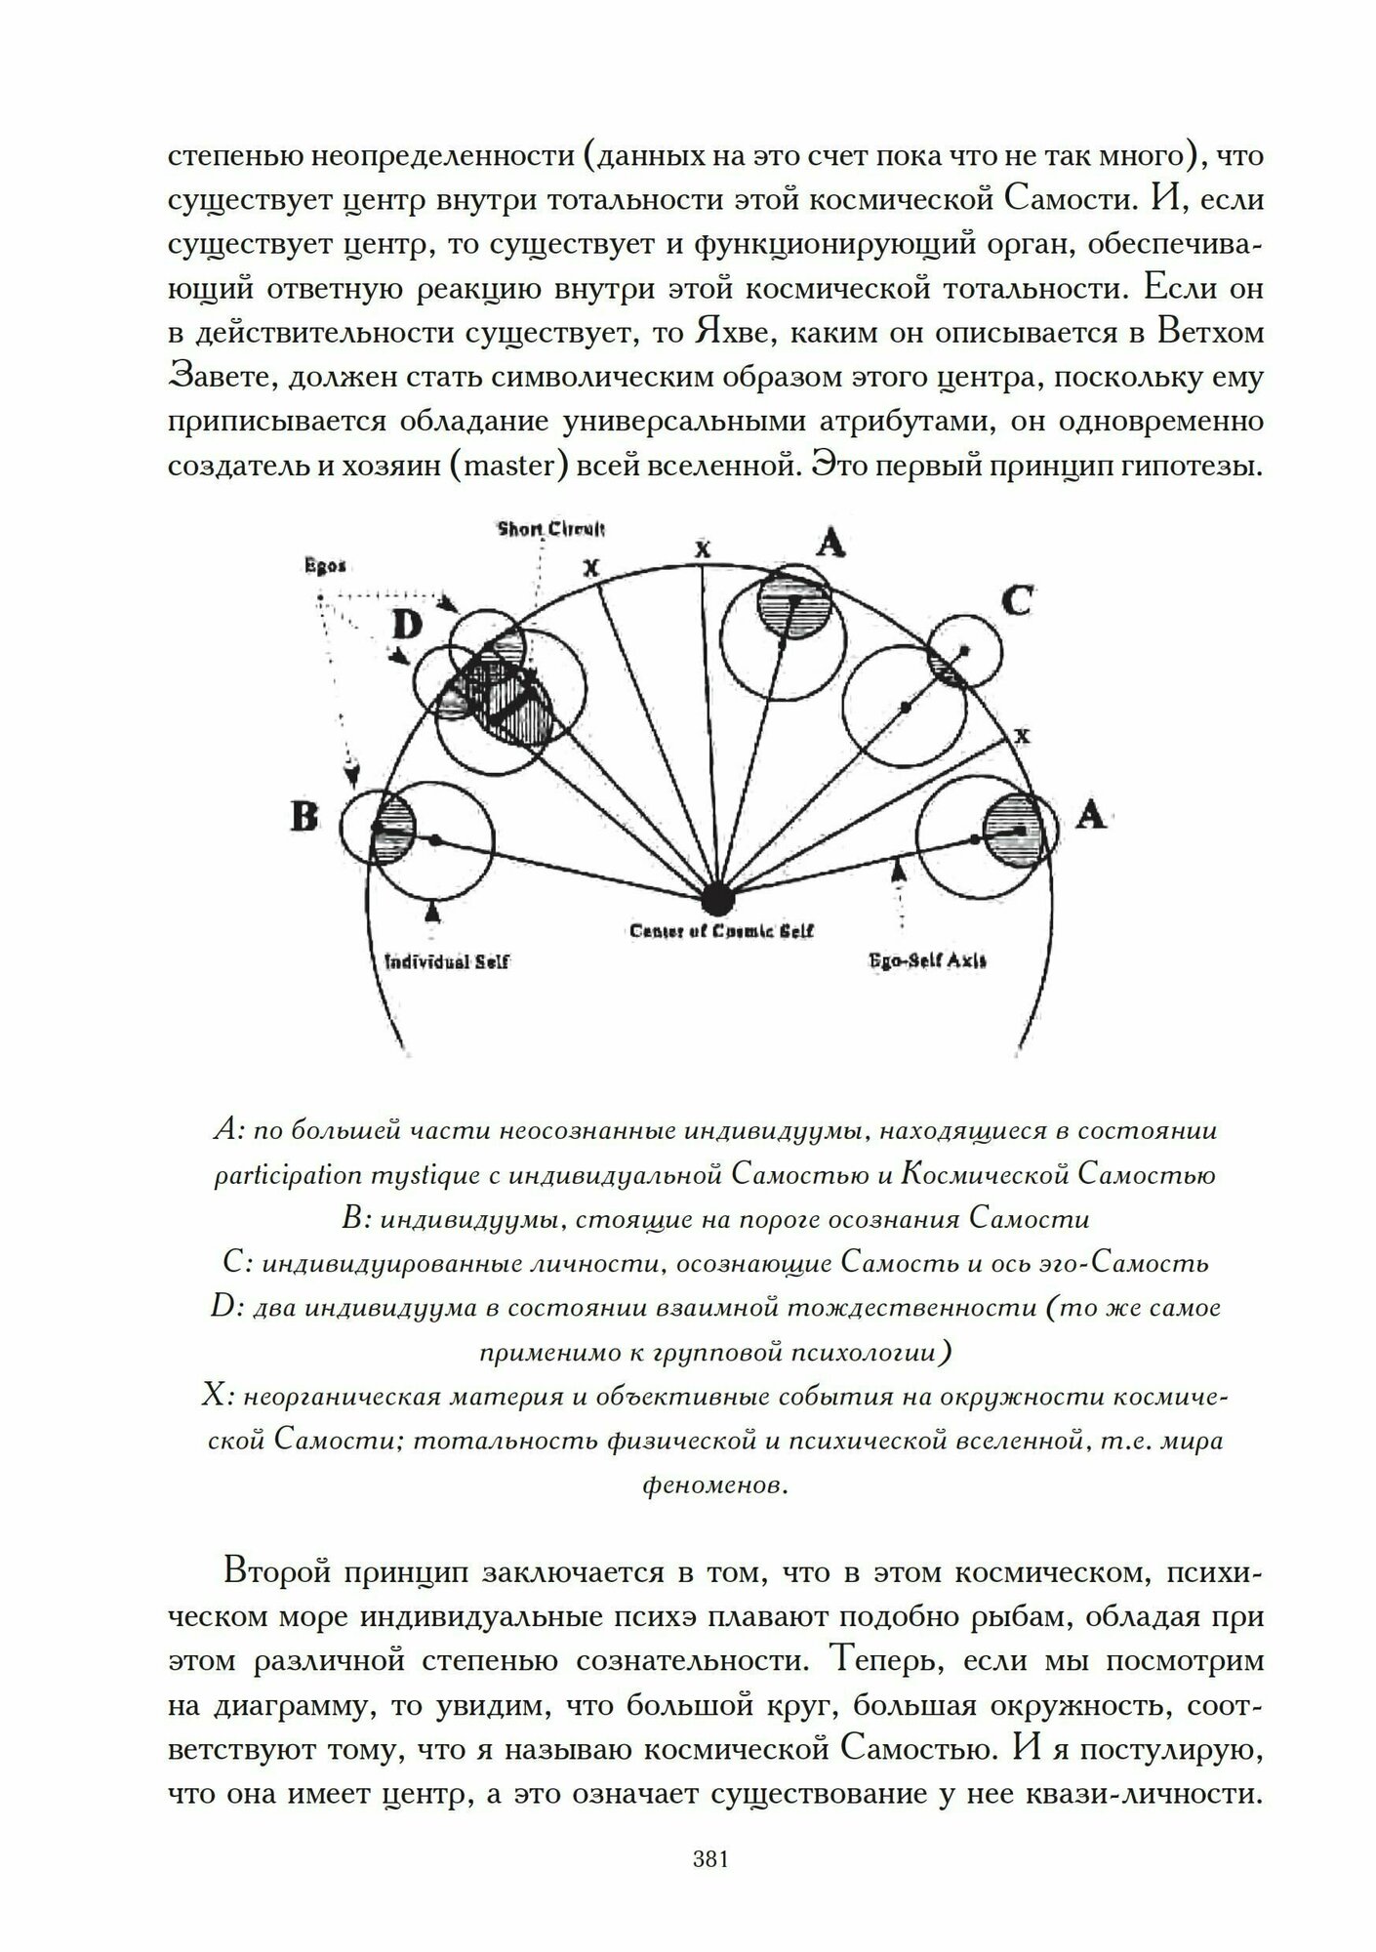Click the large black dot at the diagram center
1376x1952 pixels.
click(x=719, y=894)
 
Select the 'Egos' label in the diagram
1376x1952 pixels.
click(x=321, y=566)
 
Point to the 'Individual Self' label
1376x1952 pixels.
click(x=446, y=961)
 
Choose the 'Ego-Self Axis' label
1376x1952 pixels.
click(x=927, y=960)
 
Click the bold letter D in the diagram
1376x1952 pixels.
click(x=406, y=624)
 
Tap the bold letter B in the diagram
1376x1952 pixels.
click(x=304, y=816)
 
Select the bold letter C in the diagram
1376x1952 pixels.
click(x=1016, y=601)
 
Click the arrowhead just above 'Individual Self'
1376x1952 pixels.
click(x=432, y=912)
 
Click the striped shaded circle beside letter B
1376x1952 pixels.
click(x=394, y=827)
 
